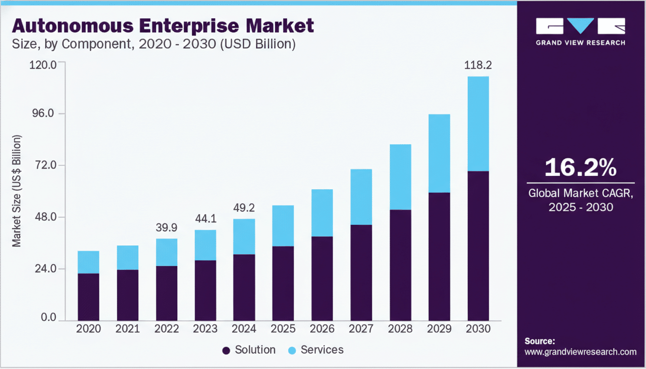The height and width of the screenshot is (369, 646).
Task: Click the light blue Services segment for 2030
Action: [478, 123]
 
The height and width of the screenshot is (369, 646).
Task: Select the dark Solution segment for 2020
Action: [88, 296]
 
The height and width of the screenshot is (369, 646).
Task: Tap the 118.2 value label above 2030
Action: [478, 65]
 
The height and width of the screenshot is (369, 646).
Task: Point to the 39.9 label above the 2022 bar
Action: [166, 227]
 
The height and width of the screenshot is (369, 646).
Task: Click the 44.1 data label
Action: [205, 219]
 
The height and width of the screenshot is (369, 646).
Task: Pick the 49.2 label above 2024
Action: [244, 208]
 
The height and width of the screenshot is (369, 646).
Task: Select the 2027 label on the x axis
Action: [361, 329]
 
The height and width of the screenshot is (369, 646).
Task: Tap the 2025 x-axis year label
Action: [283, 329]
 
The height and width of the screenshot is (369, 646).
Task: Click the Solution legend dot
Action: [226, 351]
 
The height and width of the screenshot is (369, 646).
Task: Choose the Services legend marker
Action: [292, 351]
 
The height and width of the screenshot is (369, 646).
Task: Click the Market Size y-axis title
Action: [17, 191]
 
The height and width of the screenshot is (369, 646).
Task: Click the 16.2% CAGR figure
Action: [581, 168]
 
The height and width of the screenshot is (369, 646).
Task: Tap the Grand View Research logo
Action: [581, 32]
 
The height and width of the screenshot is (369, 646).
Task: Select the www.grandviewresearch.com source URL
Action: [581, 352]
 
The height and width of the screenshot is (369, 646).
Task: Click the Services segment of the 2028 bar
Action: [400, 177]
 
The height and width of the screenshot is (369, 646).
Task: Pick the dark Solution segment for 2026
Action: [322, 278]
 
